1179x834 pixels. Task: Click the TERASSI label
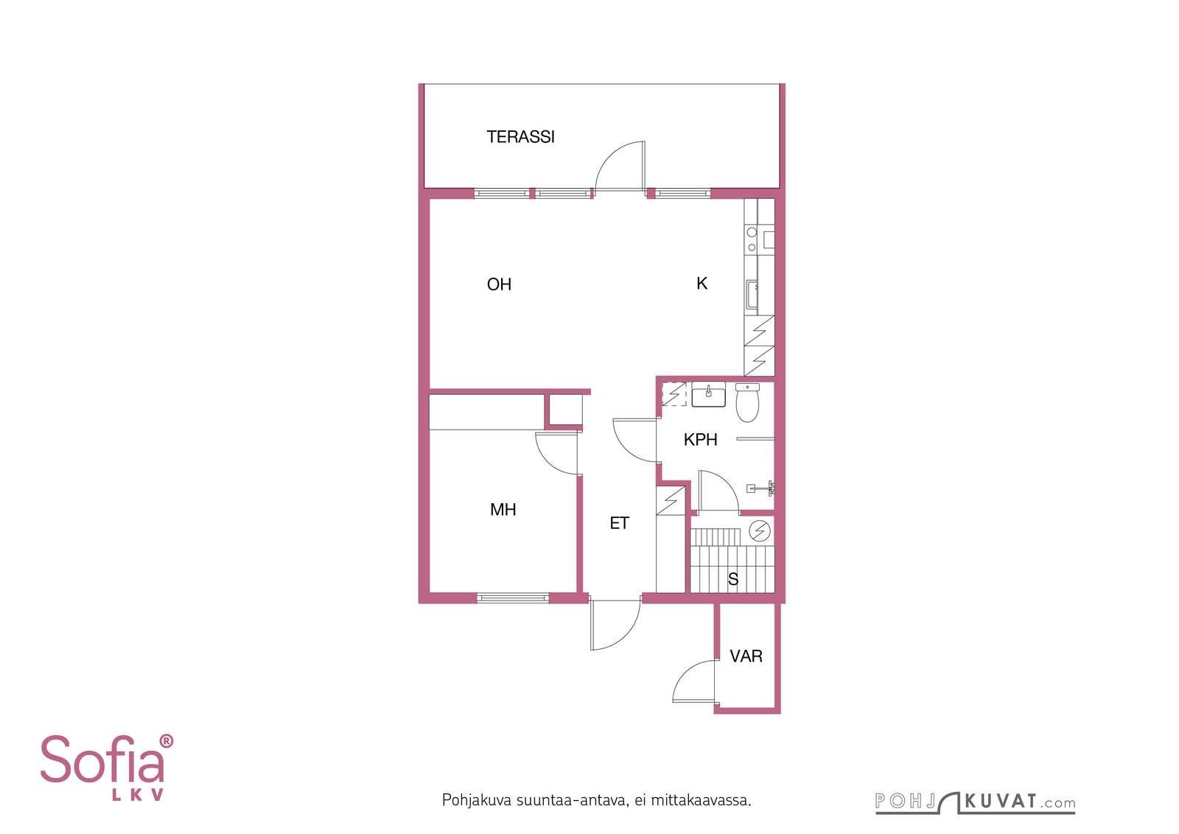[520, 137]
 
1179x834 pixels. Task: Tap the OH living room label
[499, 284]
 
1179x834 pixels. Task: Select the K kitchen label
[702, 284]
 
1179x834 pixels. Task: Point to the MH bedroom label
[503, 509]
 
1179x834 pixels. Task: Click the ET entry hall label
[620, 523]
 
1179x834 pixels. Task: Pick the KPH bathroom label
[700, 440]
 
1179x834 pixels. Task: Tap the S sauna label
[733, 579]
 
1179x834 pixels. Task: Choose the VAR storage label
[746, 656]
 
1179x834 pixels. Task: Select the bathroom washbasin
[708, 395]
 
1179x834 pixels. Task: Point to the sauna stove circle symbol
[760, 531]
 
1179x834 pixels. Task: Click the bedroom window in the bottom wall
[513, 598]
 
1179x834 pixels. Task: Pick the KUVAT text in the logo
[1001, 801]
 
